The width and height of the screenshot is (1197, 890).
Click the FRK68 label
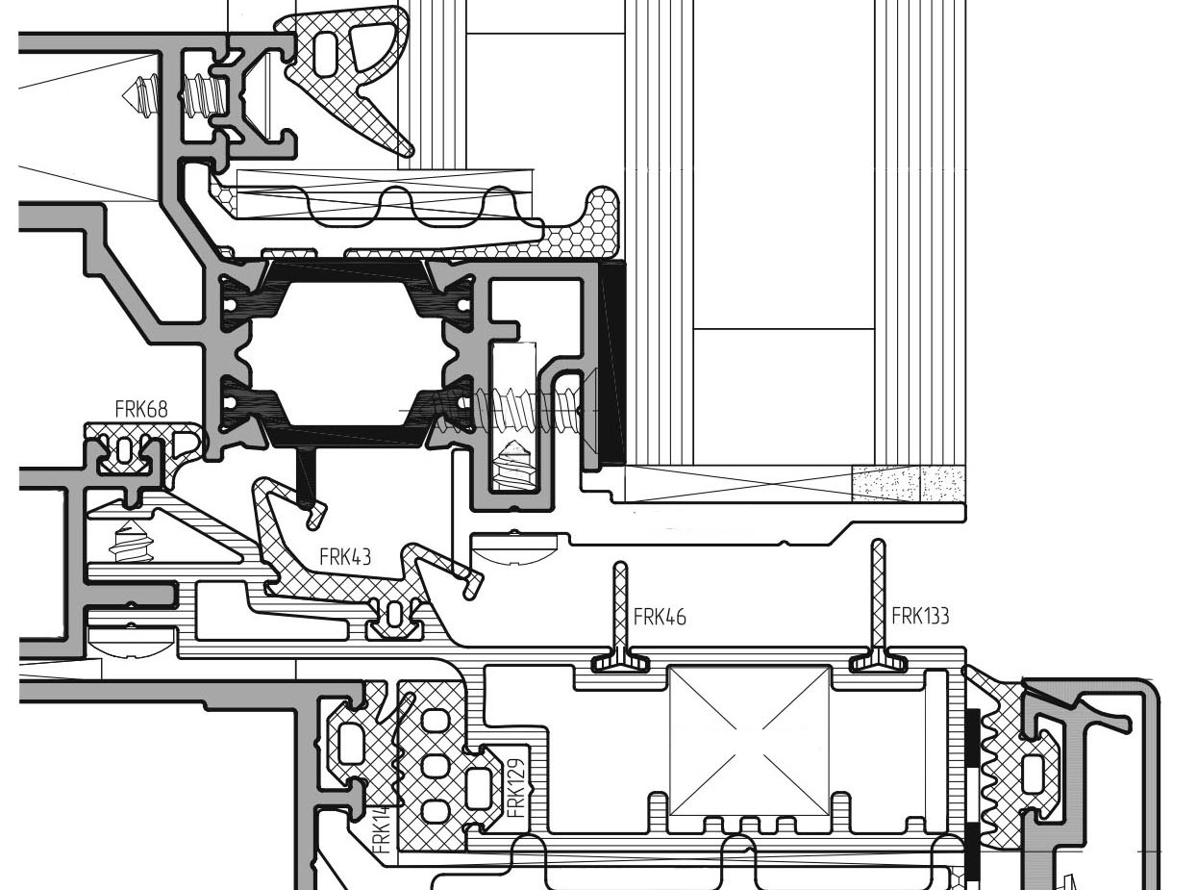click(141, 409)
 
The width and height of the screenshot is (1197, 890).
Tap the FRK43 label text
click(345, 557)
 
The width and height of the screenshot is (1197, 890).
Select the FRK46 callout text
click(660, 617)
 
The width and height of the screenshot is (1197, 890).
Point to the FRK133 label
click(920, 616)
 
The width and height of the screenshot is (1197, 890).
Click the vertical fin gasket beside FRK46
click(621, 617)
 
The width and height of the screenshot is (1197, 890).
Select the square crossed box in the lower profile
click(749, 741)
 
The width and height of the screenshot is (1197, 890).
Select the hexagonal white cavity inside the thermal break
click(346, 353)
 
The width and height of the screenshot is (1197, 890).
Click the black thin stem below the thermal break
click(306, 478)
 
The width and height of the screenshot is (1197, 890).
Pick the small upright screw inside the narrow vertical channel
click(514, 464)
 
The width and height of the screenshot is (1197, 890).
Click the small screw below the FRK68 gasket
click(131, 542)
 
